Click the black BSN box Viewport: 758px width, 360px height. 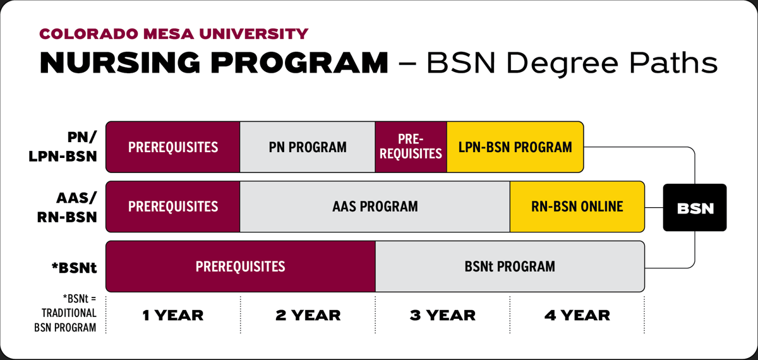pyautogui.click(x=695, y=207)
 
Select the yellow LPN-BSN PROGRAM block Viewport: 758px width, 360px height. pyautogui.click(x=515, y=147)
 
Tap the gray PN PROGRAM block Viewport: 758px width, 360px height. pyautogui.click(x=308, y=147)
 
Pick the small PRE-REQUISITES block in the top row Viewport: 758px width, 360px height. pyautogui.click(x=411, y=147)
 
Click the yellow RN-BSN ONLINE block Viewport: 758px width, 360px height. pyautogui.click(x=577, y=207)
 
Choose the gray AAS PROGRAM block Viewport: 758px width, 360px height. pyautogui.click(x=375, y=207)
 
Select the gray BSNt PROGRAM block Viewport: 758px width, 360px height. pyautogui.click(x=509, y=266)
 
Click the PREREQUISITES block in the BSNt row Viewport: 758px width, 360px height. pyautogui.click(x=240, y=266)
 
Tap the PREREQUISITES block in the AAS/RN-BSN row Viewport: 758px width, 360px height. pyautogui.click(x=172, y=207)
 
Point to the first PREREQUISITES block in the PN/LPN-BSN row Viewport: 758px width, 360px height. pyautogui.click(x=172, y=147)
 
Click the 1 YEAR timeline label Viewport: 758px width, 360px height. pyautogui.click(x=172, y=315)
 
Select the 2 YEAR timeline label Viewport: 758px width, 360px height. pyautogui.click(x=308, y=315)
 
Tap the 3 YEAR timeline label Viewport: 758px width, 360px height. pyautogui.click(x=442, y=315)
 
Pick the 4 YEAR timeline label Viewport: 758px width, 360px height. pyautogui.click(x=577, y=315)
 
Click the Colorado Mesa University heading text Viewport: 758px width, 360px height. pyautogui.click(x=174, y=33)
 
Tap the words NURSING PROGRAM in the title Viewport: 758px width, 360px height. pyautogui.click(x=214, y=63)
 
